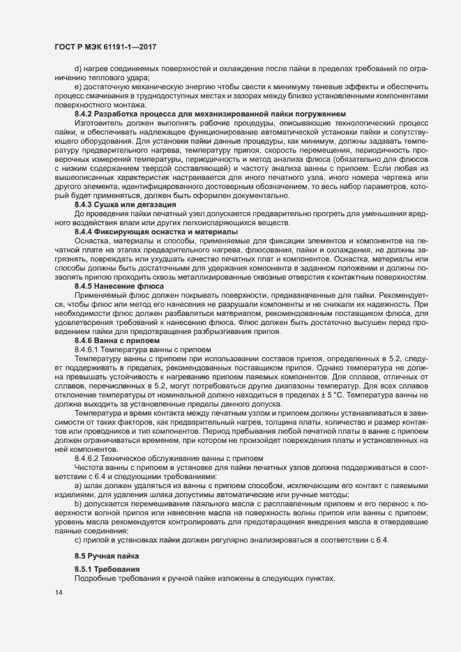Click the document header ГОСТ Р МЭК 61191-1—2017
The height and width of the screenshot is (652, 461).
[x=104, y=45]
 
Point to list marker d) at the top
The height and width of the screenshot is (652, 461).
[x=77, y=68]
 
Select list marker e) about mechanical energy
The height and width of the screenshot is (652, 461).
[x=77, y=86]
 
